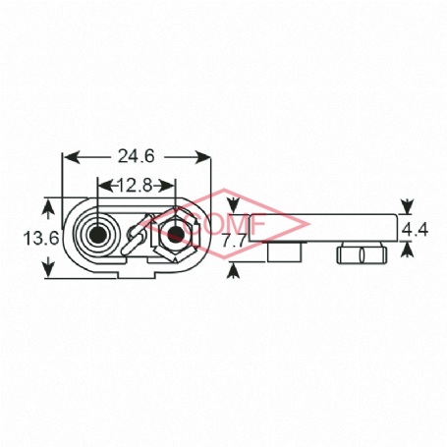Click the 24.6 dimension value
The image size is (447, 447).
tap(136, 156)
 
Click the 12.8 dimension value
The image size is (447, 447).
tap(135, 186)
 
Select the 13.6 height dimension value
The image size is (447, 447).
tap(41, 238)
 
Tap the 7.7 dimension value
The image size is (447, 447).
tap(234, 242)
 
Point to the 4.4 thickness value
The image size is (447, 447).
tap(415, 230)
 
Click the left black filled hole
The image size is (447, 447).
tap(97, 233)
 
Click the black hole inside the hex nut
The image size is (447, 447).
tap(176, 233)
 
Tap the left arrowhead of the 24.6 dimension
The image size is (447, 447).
tap(72, 157)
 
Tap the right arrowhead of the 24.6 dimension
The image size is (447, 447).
tap(202, 157)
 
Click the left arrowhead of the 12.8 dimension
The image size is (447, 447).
tap(105, 187)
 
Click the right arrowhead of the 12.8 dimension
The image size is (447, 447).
tap(167, 187)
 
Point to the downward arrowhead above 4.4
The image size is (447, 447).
tap(407, 206)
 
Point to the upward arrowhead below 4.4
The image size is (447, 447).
tap(407, 250)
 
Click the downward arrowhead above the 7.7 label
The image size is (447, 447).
tap(233, 205)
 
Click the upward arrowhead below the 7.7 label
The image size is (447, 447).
tap(233, 270)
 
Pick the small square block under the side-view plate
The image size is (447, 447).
tap(284, 252)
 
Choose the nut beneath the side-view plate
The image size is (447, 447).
tap(362, 254)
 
